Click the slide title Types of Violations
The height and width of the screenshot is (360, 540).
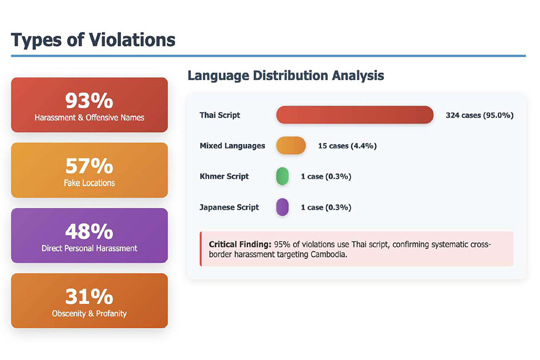coord(93,40)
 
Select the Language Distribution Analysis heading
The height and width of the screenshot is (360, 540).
coord(285,75)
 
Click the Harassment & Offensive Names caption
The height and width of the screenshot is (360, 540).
coord(89,117)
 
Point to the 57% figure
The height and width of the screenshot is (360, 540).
coord(89,166)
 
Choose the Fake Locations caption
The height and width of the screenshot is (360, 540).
coord(89,183)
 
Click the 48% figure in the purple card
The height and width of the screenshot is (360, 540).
coord(89,231)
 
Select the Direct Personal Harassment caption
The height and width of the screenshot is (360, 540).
coord(89,248)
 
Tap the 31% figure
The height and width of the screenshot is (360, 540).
coord(89,297)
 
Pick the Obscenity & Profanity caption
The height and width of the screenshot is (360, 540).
coord(89,314)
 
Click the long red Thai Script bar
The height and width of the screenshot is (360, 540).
coord(355,115)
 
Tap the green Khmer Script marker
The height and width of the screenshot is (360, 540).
coord(282,177)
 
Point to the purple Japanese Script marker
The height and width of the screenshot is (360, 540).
coord(282,207)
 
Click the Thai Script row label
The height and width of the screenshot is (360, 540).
coord(220,115)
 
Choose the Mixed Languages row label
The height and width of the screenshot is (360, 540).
coord(232,146)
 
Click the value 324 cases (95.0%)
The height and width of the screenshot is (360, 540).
coord(479,115)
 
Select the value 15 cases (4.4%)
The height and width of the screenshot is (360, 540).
coord(347,146)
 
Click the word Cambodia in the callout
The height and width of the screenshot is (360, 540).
coord(329,254)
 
